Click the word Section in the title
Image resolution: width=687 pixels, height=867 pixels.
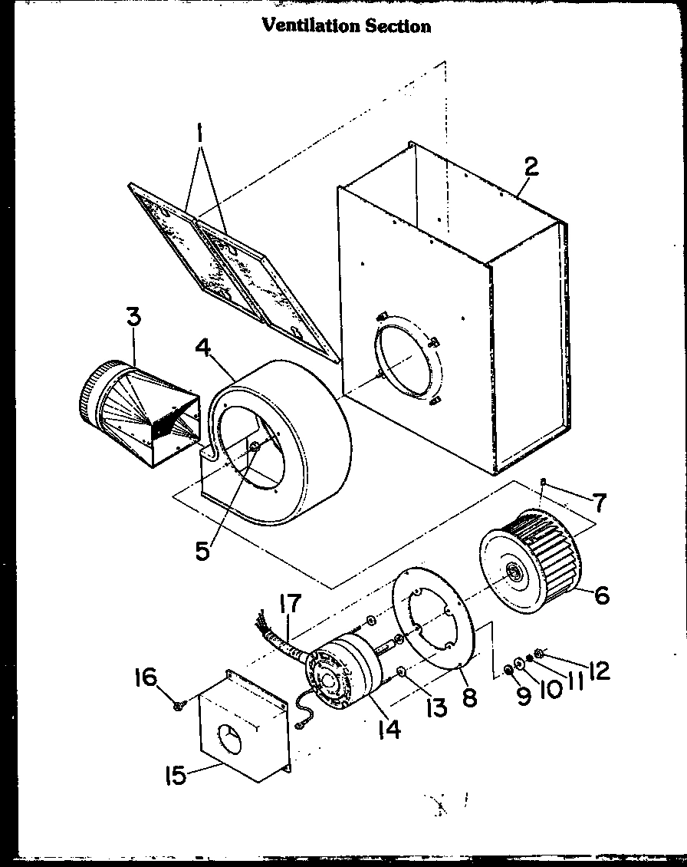400,25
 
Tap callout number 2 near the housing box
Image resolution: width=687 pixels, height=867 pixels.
531,168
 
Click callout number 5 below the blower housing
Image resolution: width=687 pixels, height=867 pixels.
202,550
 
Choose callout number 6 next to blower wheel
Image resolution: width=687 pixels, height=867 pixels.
602,595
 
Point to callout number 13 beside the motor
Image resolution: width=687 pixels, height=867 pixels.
436,707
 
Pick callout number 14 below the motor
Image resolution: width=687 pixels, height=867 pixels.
390,729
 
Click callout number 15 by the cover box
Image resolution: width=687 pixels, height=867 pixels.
176,776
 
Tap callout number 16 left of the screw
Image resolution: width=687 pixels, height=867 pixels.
145,677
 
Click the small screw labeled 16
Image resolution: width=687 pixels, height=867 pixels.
179,704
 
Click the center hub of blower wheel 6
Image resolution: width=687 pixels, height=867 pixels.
511,572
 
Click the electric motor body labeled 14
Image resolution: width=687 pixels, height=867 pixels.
341,675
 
